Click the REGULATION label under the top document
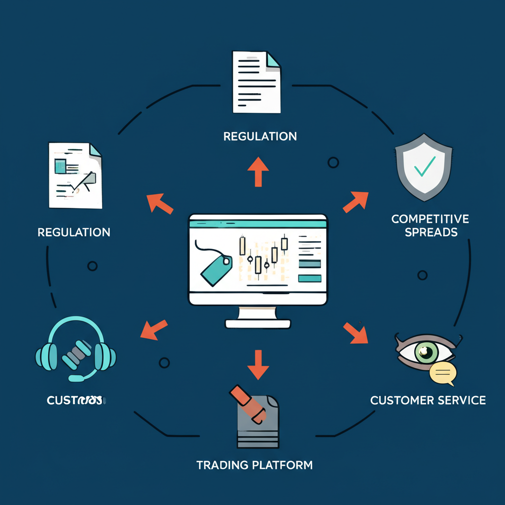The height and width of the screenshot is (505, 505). click(x=260, y=136)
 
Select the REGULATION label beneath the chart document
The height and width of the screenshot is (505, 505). click(x=74, y=232)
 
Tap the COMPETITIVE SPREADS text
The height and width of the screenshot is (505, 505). click(x=431, y=225)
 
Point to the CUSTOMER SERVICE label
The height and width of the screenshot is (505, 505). click(x=428, y=399)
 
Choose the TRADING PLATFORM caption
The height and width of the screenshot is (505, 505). click(x=254, y=465)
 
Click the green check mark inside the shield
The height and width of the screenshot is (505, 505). click(x=424, y=167)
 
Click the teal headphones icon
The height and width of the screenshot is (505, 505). click(x=76, y=349)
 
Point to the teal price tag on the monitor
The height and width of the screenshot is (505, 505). click(x=216, y=269)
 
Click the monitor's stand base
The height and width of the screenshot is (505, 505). click(x=258, y=324)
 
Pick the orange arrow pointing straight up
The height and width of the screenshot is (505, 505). click(x=258, y=171)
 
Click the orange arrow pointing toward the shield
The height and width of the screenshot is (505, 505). click(x=356, y=201)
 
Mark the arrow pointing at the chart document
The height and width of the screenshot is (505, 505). click(x=160, y=203)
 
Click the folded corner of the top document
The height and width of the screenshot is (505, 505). click(x=273, y=60)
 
